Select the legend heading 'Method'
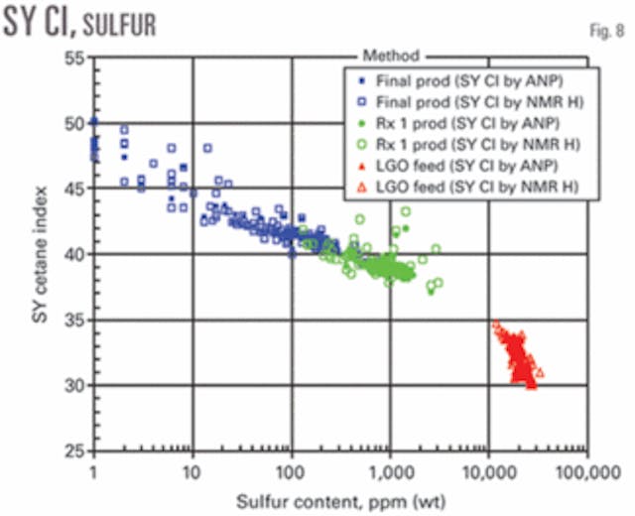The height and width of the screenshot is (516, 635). (x=392, y=58)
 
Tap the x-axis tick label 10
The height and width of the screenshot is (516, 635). (x=191, y=466)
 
